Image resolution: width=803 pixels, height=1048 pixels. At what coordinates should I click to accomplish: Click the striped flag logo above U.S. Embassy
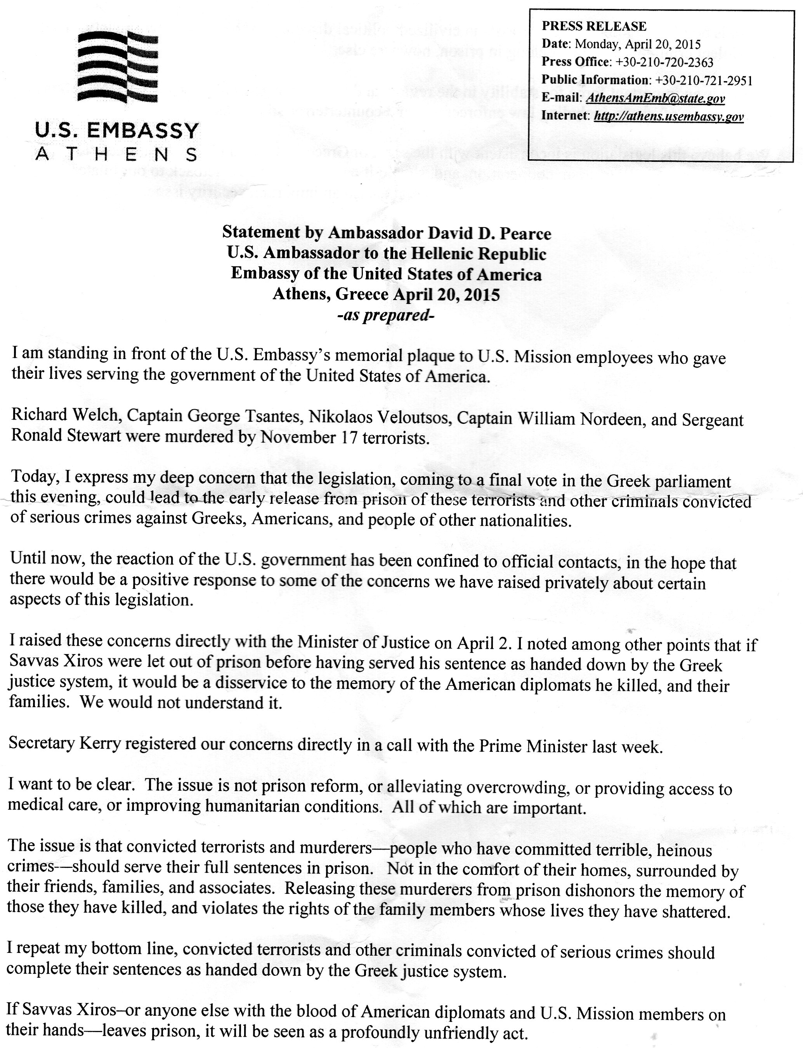pyautogui.click(x=118, y=66)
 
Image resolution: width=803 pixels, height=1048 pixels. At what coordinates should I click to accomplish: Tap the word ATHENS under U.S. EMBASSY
pyautogui.click(x=116, y=154)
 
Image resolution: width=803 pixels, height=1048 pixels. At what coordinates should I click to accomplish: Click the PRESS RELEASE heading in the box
pyautogui.click(x=594, y=26)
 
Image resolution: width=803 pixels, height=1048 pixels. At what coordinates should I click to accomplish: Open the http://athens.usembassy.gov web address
pyautogui.click(x=668, y=116)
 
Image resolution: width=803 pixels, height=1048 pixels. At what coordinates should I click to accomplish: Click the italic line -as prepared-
pyautogui.click(x=386, y=316)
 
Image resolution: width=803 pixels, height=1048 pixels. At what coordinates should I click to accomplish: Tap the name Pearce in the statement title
pyautogui.click(x=527, y=233)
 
